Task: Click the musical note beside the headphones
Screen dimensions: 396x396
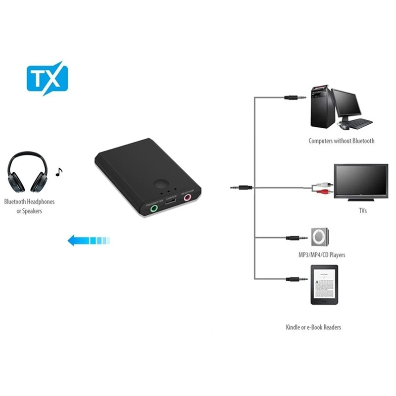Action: (59, 172)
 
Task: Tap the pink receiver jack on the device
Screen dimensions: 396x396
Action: (188, 198)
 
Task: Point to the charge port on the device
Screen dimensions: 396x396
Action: (171, 203)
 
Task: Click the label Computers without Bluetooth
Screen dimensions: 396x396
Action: (342, 141)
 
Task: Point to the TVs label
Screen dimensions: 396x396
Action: (362, 210)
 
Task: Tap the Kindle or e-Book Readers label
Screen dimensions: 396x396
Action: (313, 327)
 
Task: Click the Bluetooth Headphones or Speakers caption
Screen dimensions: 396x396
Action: (29, 206)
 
